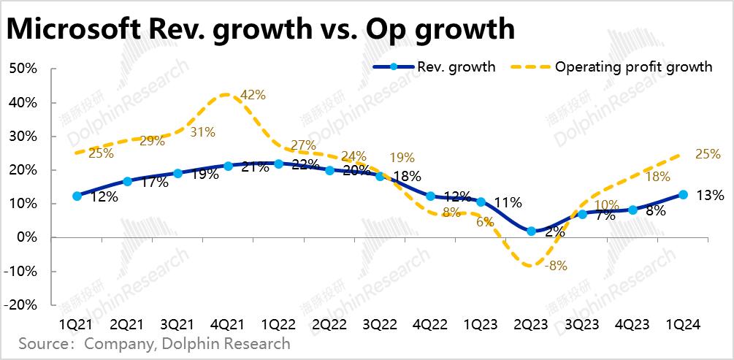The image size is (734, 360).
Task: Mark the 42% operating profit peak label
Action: click(253, 95)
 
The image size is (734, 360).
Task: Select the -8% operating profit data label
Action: click(556, 266)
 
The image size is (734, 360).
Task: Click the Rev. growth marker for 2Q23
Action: click(531, 231)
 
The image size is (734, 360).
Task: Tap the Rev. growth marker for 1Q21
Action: click(77, 196)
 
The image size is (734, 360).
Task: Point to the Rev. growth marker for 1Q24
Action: click(683, 194)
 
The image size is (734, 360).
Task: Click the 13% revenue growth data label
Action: click(710, 195)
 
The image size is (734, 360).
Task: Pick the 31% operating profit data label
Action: click(202, 132)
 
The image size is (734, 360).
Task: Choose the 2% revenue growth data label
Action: click(553, 232)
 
